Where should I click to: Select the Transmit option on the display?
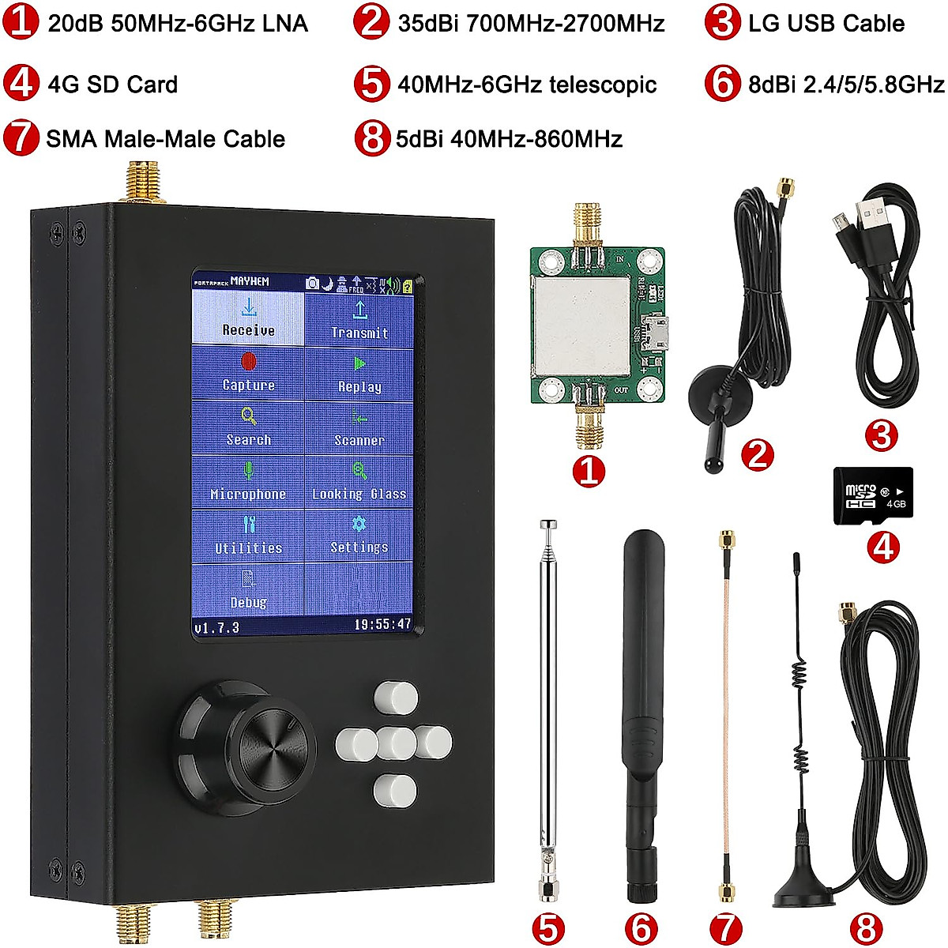click(359, 321)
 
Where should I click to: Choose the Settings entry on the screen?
click(359, 535)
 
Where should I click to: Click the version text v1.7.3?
click(216, 627)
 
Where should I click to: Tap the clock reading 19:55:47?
click(382, 625)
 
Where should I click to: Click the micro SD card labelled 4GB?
click(873, 495)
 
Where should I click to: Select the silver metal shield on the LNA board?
click(582, 325)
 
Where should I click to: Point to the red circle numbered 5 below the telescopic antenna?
click(548, 929)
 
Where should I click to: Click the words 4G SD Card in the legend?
click(113, 85)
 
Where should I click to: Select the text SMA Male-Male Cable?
click(166, 139)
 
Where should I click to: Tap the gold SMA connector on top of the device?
click(138, 182)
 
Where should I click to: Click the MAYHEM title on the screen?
click(250, 281)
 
